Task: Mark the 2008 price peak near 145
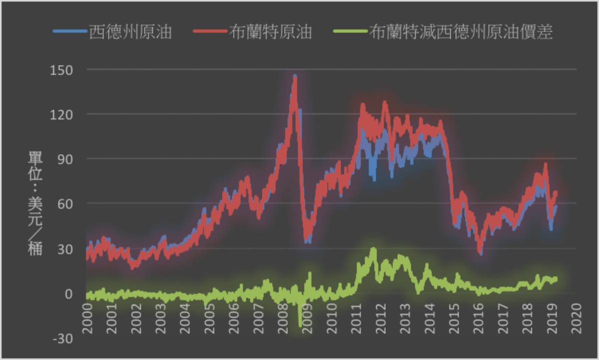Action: [295, 77]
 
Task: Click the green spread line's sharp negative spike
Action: [300, 325]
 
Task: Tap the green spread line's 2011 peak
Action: [373, 249]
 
